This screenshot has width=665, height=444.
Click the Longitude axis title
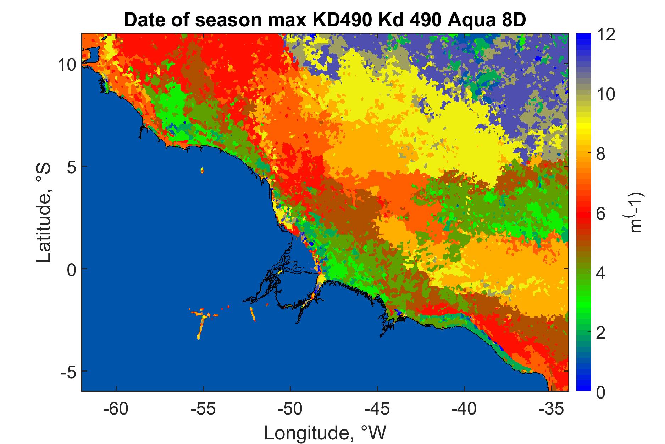click(325, 433)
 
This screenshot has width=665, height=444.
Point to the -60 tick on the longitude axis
click(116, 410)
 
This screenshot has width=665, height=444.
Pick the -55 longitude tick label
click(203, 410)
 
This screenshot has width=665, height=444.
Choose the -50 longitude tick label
click(290, 410)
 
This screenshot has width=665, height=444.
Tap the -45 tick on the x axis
click(377, 410)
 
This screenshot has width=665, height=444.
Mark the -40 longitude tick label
click(464, 410)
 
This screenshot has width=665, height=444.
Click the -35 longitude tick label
click(551, 410)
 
